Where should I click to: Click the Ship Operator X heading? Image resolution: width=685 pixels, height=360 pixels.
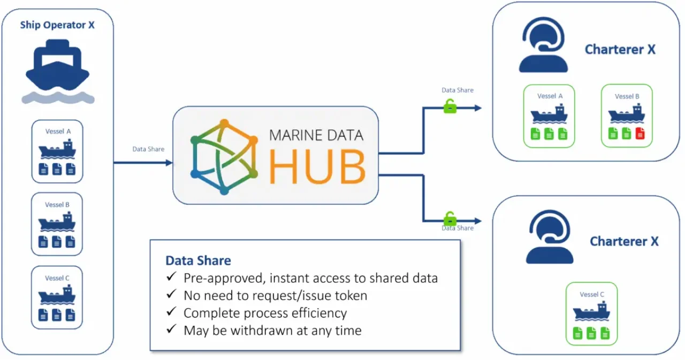coord(57,25)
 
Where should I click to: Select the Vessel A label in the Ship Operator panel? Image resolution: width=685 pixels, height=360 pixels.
coord(57,132)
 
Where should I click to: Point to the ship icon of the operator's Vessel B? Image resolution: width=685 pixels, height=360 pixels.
coord(57,222)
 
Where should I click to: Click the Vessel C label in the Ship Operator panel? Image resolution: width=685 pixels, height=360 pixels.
coord(57,278)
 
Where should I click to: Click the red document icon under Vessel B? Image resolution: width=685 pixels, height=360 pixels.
coord(640,134)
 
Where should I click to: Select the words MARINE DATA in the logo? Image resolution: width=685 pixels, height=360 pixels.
coord(316,134)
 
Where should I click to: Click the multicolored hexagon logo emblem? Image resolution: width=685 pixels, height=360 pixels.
coord(224,156)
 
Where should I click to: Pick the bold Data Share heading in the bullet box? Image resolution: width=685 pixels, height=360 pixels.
coord(198,261)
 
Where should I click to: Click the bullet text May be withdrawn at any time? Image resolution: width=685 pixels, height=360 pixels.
coord(272,330)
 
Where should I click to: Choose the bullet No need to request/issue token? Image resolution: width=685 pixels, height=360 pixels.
coord(275,295)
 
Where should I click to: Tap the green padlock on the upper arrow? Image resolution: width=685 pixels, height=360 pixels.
coord(450,107)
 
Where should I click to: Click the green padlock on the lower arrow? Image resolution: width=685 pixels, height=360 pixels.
coord(450,219)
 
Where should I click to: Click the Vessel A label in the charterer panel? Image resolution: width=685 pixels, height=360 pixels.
coord(550,96)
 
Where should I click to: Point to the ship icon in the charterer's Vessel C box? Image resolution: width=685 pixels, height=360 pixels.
coord(591,311)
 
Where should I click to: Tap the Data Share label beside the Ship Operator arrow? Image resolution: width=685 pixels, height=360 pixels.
coord(148,149)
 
